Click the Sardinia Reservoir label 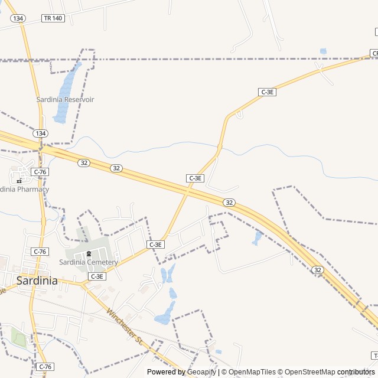click(x=65, y=100)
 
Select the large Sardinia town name click(x=37, y=281)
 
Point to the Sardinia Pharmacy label click(x=24, y=190)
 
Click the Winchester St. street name click(x=125, y=327)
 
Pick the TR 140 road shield click(x=53, y=18)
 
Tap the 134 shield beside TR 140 click(x=18, y=18)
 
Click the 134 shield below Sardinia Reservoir click(x=40, y=133)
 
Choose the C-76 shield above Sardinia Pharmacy click(x=40, y=172)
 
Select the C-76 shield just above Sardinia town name click(x=40, y=252)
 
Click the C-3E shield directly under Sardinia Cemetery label click(x=97, y=276)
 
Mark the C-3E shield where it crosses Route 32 click(x=195, y=178)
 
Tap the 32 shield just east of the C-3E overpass click(x=229, y=203)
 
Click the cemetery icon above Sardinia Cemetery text click(x=89, y=254)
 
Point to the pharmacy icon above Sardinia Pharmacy click(x=19, y=181)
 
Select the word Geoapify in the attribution click(x=202, y=372)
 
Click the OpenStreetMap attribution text click(x=308, y=372)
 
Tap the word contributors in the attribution click(x=356, y=372)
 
